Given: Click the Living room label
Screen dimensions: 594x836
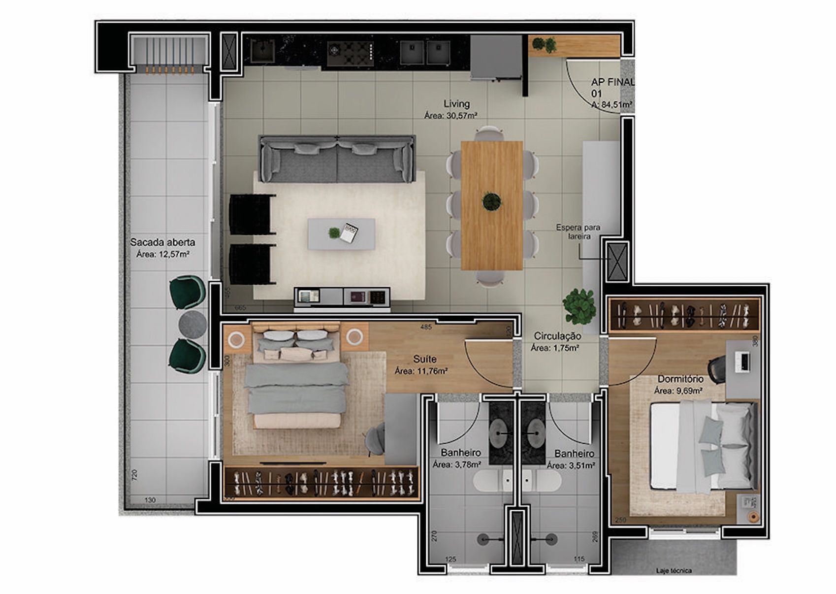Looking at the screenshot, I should pyautogui.click(x=456, y=104).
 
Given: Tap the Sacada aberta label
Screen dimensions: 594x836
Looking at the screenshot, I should pyautogui.click(x=162, y=242).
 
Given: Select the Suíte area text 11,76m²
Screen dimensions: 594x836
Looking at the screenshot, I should pyautogui.click(x=421, y=371).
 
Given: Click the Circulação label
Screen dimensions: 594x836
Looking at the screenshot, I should pyautogui.click(x=557, y=336).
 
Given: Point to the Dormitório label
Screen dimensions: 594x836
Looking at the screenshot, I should pyautogui.click(x=680, y=379).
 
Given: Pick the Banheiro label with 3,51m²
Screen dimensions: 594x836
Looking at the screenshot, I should pyautogui.click(x=574, y=454).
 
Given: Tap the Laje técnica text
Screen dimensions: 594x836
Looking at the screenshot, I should pyautogui.click(x=674, y=571).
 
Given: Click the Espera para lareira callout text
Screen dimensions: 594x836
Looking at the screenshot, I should pyautogui.click(x=578, y=232).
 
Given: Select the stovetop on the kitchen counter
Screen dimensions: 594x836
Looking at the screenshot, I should pyautogui.click(x=350, y=51).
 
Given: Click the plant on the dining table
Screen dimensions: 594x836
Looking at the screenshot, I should pyautogui.click(x=491, y=201).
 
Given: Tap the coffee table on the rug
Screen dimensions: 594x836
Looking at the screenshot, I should pyautogui.click(x=341, y=234).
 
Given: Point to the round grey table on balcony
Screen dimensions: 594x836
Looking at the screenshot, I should pyautogui.click(x=193, y=324).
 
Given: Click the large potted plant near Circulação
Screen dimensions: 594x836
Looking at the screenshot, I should pyautogui.click(x=579, y=305).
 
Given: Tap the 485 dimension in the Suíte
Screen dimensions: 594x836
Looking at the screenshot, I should pyautogui.click(x=426, y=327).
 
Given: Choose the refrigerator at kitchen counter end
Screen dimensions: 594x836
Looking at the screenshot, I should pyautogui.click(x=496, y=57).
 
